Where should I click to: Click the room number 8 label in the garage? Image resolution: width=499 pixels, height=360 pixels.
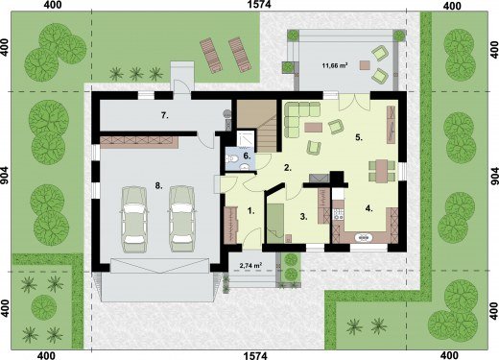pyautogui.click(x=158, y=185)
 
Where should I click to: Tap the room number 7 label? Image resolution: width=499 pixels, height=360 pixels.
pyautogui.click(x=165, y=115)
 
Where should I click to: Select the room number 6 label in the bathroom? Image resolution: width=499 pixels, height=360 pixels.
pyautogui.click(x=248, y=156)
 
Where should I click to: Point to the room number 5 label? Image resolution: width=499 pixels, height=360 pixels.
pyautogui.click(x=359, y=137)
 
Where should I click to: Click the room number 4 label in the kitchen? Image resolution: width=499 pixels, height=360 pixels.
pyautogui.click(x=368, y=208)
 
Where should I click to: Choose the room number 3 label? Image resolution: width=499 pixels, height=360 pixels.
pyautogui.click(x=303, y=217)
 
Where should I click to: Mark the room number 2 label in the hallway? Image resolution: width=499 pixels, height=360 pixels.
pyautogui.click(x=288, y=167)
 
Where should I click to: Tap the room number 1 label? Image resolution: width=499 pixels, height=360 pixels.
pyautogui.click(x=251, y=210)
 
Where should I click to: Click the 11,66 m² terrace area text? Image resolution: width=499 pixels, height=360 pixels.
pyautogui.click(x=335, y=66)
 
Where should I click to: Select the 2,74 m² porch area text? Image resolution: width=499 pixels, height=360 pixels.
pyautogui.click(x=251, y=265)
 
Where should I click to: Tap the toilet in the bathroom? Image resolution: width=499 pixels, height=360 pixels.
pyautogui.click(x=231, y=158)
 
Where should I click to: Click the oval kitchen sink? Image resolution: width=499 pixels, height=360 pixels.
pyautogui.click(x=364, y=237)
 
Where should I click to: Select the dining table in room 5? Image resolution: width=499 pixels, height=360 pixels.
pyautogui.click(x=382, y=171)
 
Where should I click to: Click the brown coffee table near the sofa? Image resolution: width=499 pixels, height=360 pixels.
pyautogui.click(x=314, y=128)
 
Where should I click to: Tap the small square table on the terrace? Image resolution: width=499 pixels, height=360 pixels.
pyautogui.click(x=365, y=65)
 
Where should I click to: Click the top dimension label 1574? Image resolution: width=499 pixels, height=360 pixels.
pyautogui.click(x=259, y=4)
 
